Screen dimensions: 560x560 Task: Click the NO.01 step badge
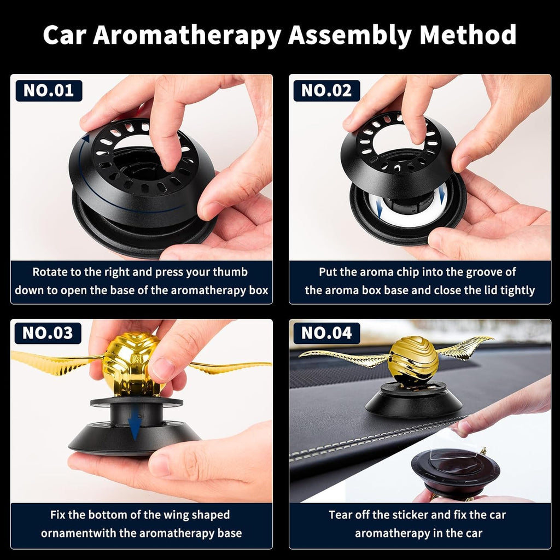(x=49, y=91)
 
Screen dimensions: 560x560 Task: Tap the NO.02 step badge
(x=326, y=91)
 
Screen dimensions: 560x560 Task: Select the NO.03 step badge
(x=49, y=332)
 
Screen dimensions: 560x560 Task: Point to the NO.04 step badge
(x=326, y=332)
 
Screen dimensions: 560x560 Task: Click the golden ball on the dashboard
(x=413, y=358)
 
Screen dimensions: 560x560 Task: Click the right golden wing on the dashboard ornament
(x=465, y=348)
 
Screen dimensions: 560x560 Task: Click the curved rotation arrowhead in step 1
(x=85, y=138)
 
